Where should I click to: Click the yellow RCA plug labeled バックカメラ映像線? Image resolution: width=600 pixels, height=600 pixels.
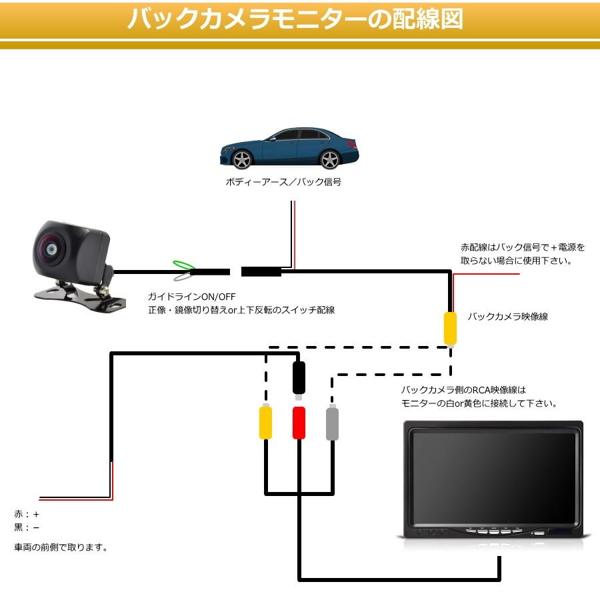tap(451, 327)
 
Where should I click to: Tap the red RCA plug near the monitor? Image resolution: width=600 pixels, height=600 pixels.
tap(299, 423)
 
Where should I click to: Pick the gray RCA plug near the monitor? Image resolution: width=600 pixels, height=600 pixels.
tap(333, 423)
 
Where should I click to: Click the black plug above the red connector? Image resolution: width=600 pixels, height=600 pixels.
tap(299, 378)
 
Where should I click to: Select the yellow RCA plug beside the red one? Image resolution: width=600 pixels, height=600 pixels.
tap(266, 423)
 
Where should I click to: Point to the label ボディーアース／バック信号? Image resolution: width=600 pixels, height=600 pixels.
tap(283, 182)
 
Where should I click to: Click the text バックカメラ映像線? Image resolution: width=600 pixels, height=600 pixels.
tap(507, 317)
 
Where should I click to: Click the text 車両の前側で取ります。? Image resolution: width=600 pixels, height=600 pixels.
tap(61, 547)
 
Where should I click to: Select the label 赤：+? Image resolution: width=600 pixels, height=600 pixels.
tap(27, 515)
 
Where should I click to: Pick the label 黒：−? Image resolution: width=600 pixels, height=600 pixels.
tap(27, 527)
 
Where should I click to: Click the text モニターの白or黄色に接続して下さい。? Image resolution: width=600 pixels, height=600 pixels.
tap(479, 403)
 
